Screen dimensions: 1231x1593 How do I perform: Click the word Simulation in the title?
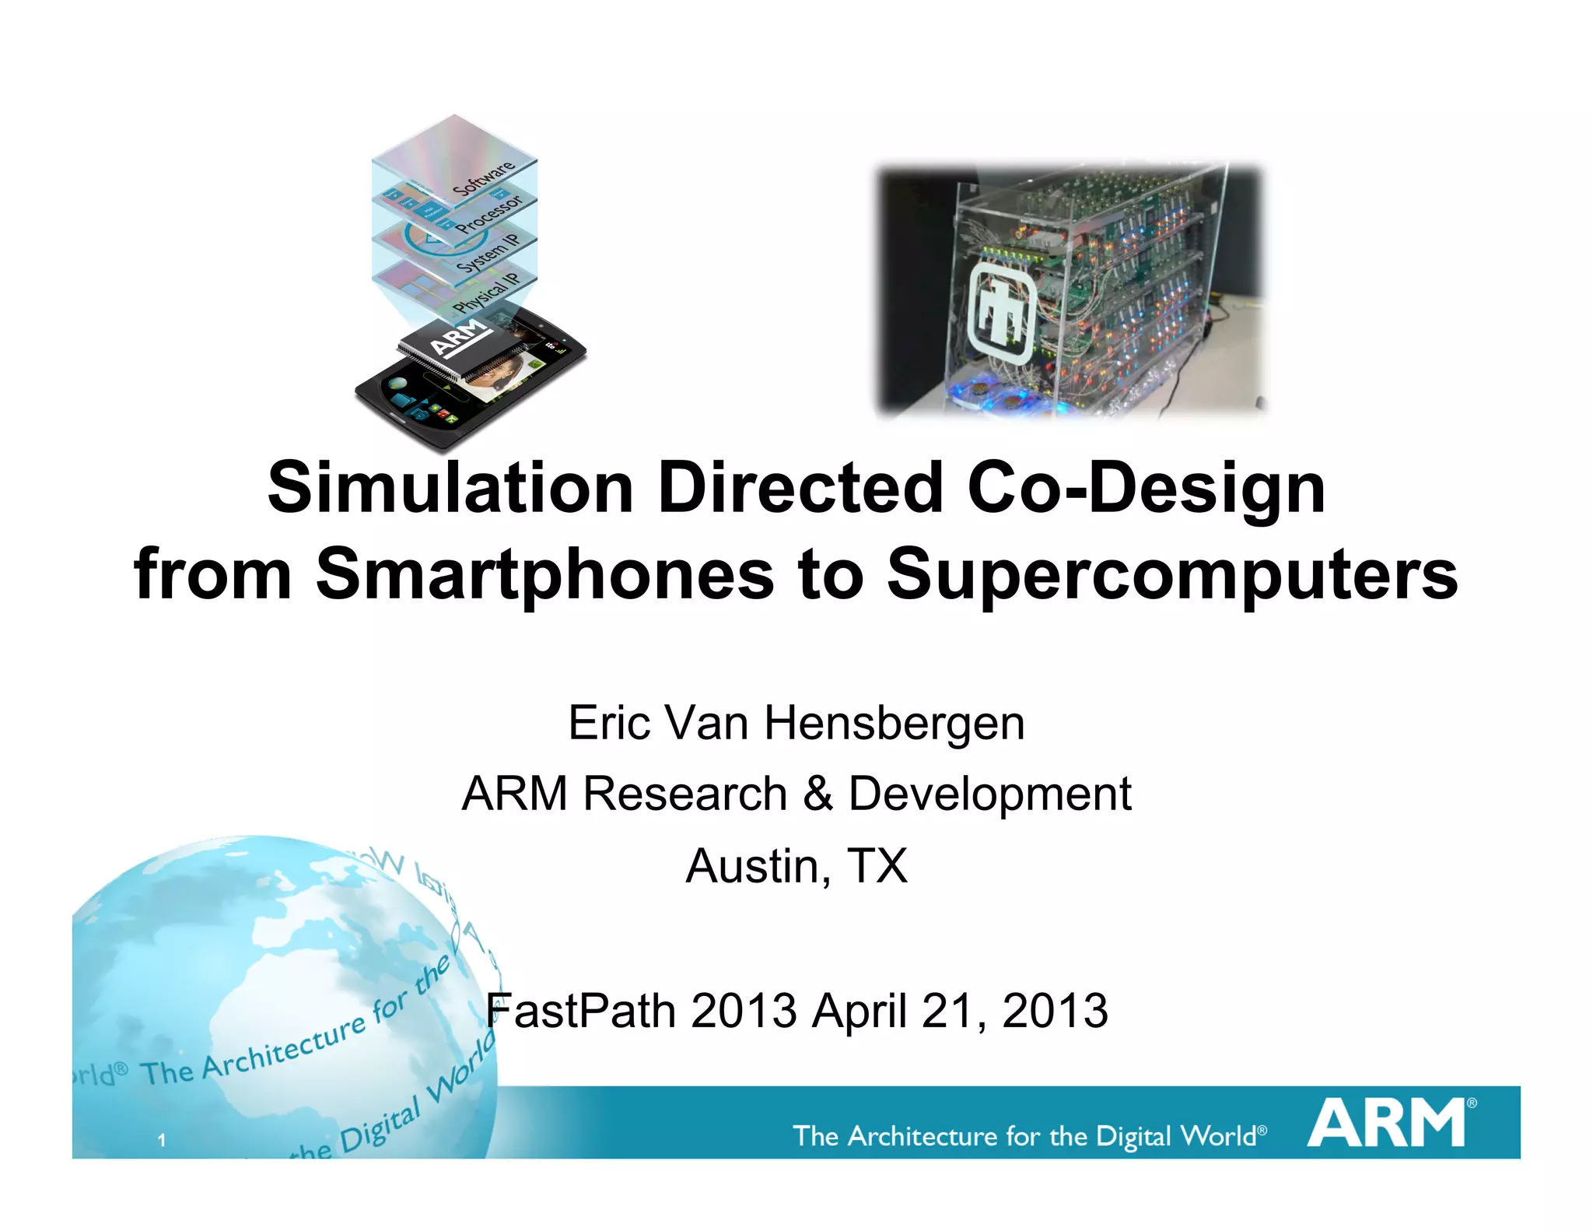[450, 488]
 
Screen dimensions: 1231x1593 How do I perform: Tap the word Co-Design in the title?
[1146, 488]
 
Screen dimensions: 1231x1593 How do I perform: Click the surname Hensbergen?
[895, 723]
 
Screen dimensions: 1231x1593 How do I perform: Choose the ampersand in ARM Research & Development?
[818, 794]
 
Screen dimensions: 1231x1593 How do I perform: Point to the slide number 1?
[162, 1141]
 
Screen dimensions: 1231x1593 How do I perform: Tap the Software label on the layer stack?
[484, 178]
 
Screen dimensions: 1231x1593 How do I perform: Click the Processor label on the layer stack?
[488, 213]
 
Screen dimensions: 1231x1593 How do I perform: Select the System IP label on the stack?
[487, 252]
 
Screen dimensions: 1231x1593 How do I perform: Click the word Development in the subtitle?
[989, 794]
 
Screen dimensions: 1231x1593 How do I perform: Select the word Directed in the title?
[800, 488]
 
